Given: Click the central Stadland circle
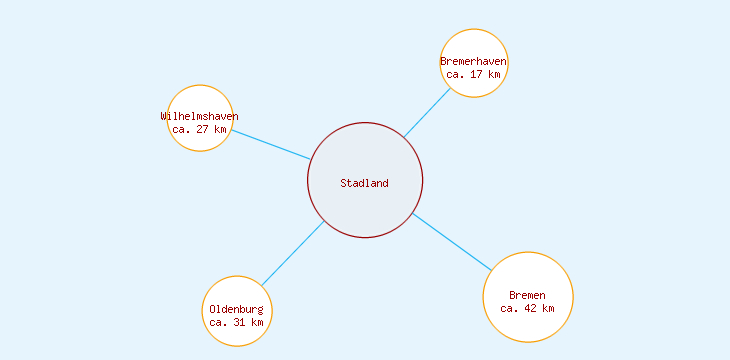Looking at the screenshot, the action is coord(365,210).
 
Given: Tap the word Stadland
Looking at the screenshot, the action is coord(364,183).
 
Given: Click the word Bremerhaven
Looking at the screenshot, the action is coord(474,62).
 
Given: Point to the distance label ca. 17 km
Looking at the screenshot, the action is coord(474,74).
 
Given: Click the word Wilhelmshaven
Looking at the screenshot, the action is coord(200,116).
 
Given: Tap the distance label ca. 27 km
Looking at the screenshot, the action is coord(200,129).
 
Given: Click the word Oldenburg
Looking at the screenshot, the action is coord(237,310).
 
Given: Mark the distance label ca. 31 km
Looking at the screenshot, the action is coord(237,322).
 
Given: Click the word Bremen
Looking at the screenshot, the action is coord(527,295).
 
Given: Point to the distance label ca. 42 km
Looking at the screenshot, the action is coord(527,308).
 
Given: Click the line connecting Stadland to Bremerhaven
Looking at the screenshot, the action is coord(427,113).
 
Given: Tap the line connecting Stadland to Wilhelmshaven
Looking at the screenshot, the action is coord(270,144).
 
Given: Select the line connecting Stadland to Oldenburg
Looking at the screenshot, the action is coord(292,252).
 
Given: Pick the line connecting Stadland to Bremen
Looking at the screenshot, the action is coord(451,241).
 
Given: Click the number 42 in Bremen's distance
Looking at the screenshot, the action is coord(530,308).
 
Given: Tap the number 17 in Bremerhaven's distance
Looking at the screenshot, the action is coord(477,74).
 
